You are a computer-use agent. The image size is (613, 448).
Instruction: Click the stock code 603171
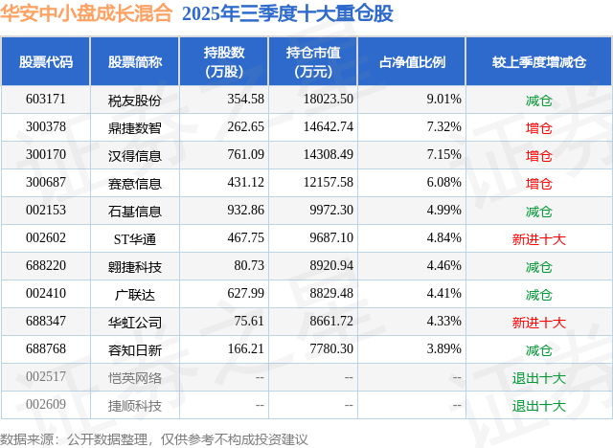[46, 100]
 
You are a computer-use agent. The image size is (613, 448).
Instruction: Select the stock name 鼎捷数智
[135, 127]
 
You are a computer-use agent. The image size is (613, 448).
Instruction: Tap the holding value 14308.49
[326, 155]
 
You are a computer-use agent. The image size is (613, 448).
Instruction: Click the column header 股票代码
[46, 62]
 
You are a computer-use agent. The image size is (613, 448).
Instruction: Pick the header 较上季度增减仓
[539, 62]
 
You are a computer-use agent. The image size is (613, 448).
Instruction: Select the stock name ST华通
[135, 238]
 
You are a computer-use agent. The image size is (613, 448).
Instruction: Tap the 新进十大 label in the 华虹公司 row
[539, 323]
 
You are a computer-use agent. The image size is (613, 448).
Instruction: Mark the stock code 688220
[46, 266]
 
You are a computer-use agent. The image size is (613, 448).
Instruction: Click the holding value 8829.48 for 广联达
[326, 294]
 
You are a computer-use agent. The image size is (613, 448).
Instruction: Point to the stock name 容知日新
[135, 350]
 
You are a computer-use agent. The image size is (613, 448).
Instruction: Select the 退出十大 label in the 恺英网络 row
[539, 378]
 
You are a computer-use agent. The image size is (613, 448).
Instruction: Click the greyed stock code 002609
[46, 405]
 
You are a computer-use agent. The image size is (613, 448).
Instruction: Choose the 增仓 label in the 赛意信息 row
[539, 183]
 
